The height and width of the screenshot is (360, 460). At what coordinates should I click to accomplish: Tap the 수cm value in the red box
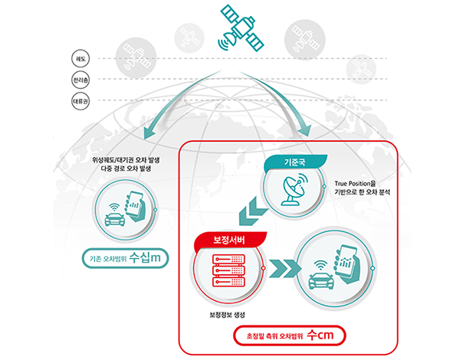coord(323,336)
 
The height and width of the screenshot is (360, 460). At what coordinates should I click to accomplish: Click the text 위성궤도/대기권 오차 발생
coord(114,160)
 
